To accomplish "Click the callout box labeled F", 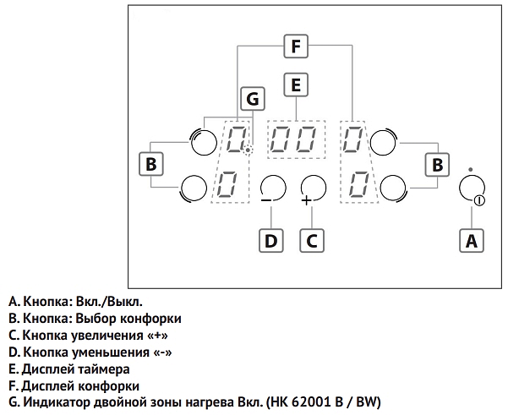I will pos(294,46).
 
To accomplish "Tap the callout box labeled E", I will pos(295,85).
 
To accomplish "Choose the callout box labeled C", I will pos(311,240).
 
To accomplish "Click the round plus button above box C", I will pos(312,187).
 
